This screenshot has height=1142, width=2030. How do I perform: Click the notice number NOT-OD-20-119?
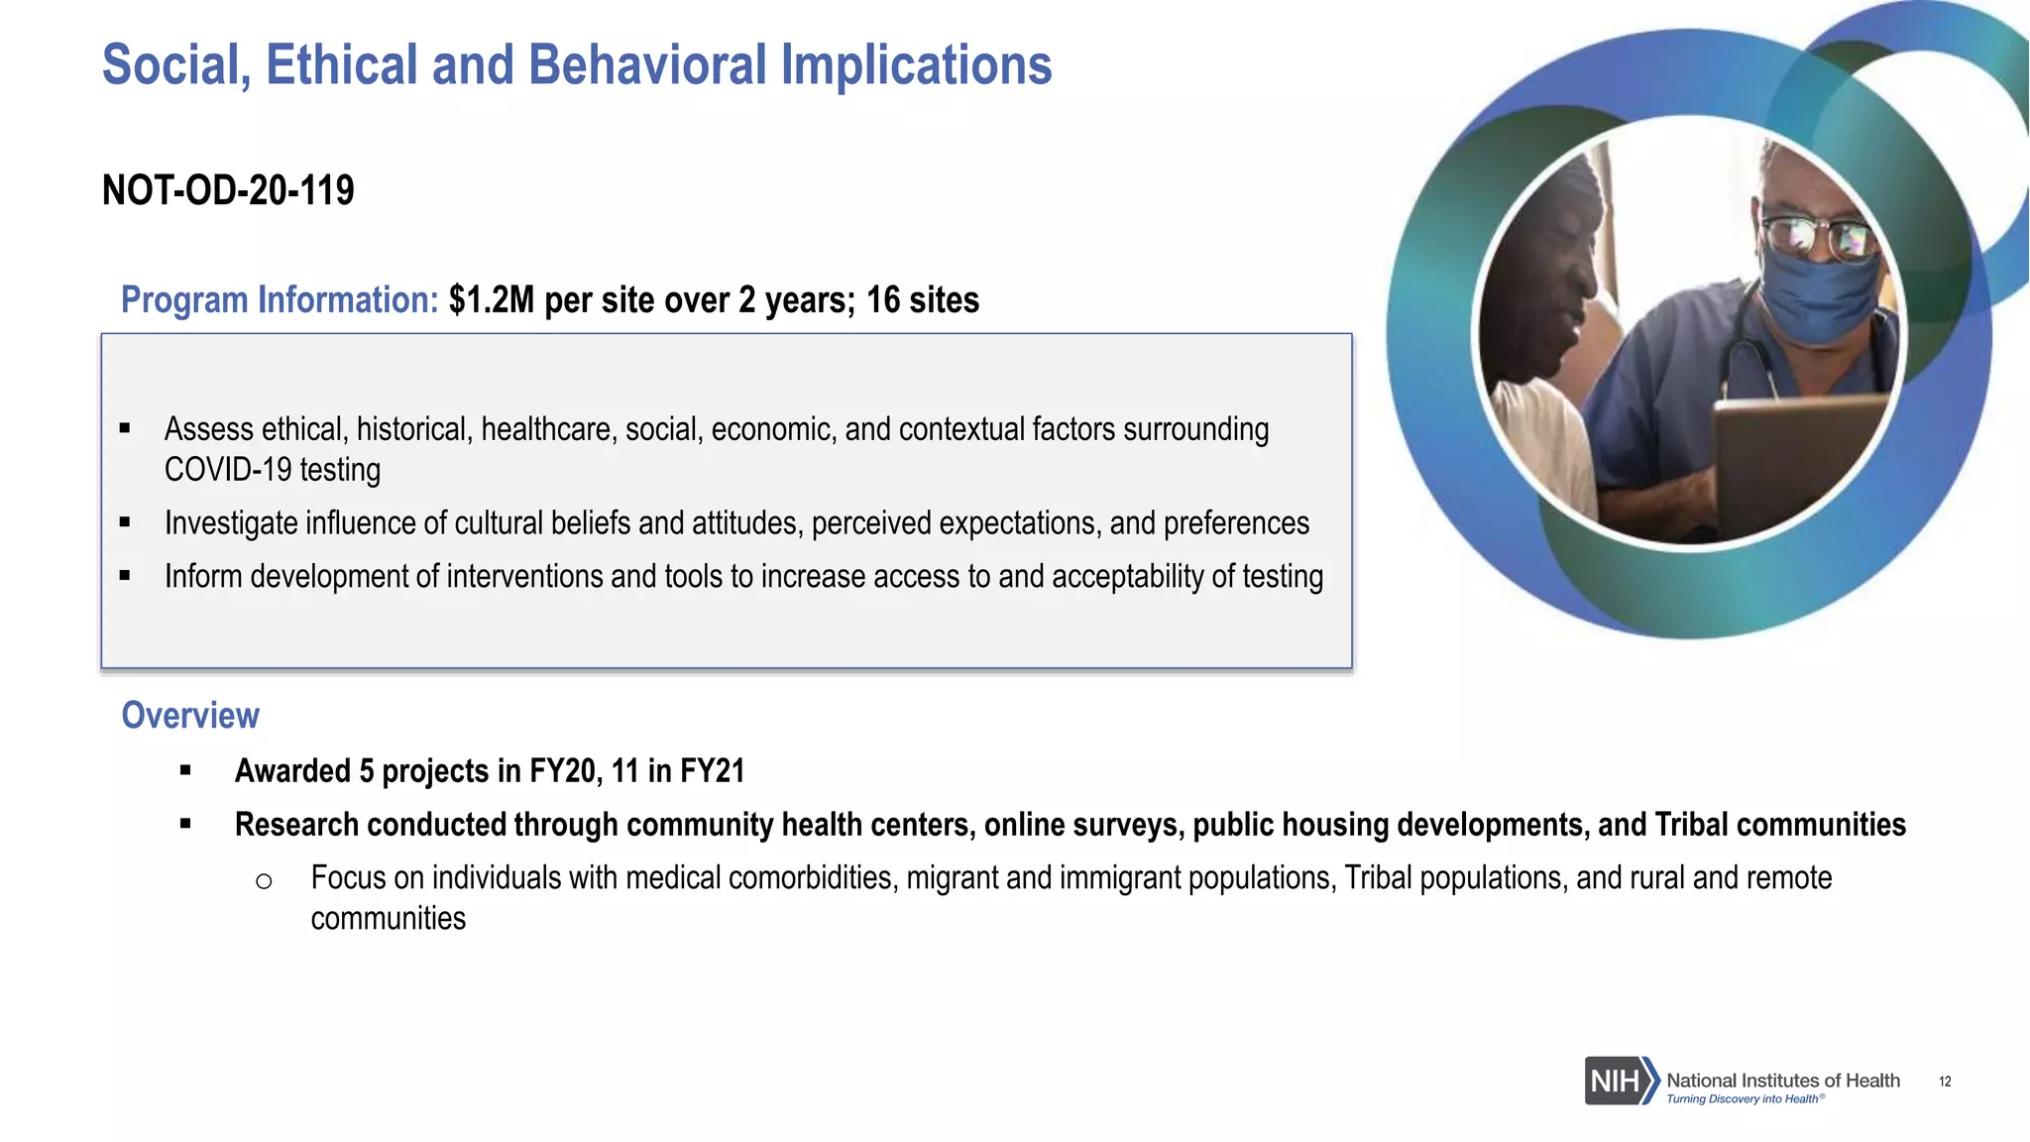click(x=228, y=190)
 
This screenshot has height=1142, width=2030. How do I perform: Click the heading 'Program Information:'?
click(x=280, y=299)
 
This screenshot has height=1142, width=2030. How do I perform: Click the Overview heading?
click(x=190, y=715)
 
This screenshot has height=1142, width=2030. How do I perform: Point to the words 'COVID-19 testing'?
click(x=273, y=470)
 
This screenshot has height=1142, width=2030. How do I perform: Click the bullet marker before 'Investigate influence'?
click(x=125, y=522)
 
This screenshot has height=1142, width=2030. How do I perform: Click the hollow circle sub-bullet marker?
click(x=264, y=880)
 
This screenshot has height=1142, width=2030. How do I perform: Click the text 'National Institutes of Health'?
click(x=1782, y=1080)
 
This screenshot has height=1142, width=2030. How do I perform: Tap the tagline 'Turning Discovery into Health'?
click(x=1742, y=1098)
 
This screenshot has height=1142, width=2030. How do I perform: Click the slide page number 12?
click(x=1945, y=1082)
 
